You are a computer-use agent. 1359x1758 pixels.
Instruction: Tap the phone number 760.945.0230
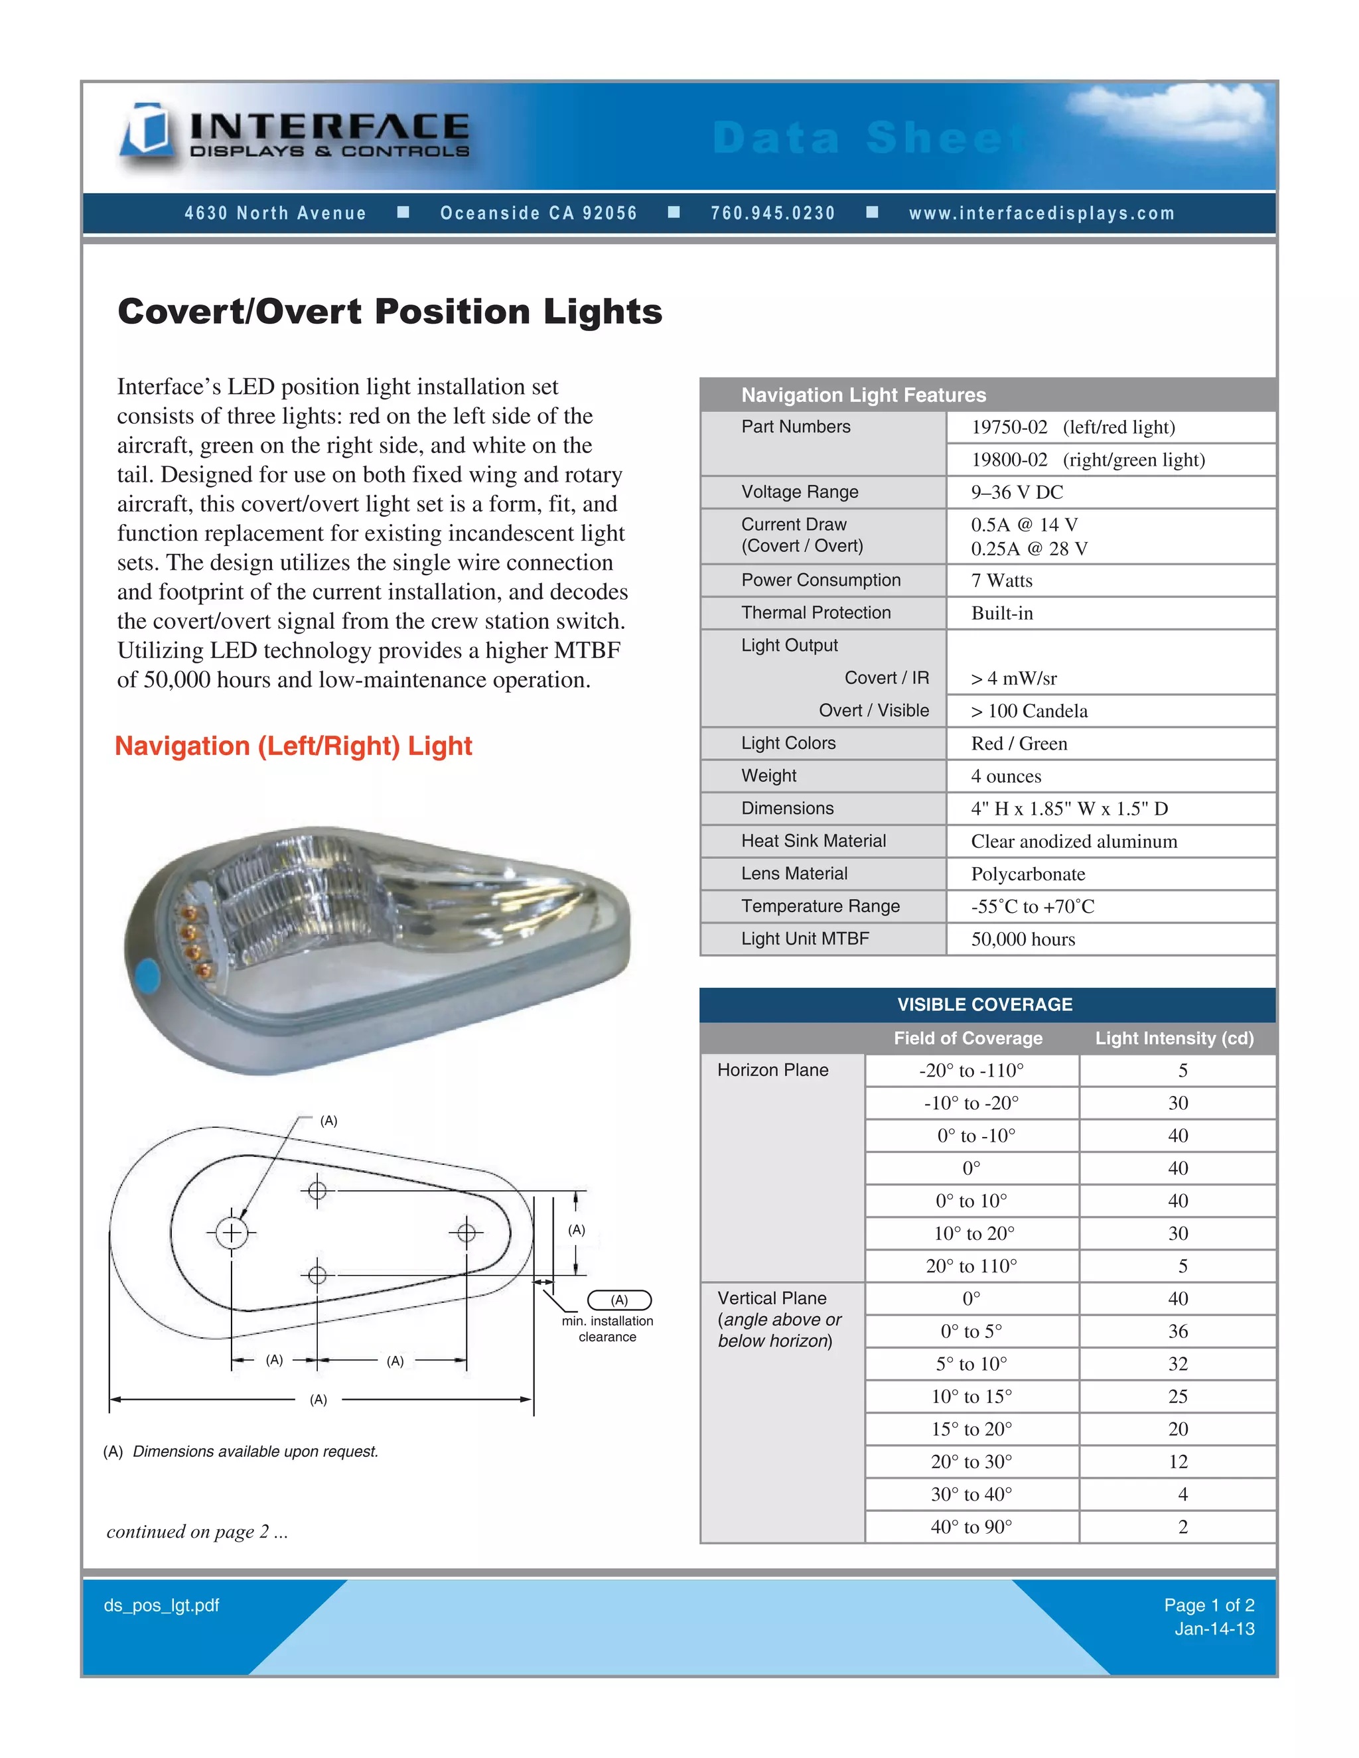[x=772, y=214]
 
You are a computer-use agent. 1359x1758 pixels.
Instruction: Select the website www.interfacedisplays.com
[x=1042, y=214]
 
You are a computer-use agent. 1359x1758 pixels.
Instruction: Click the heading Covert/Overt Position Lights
[x=390, y=312]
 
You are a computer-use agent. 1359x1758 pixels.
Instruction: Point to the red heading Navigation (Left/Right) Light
[x=293, y=746]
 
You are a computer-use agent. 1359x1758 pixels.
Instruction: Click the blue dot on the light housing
[x=147, y=976]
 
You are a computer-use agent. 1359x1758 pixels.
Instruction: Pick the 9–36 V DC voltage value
[x=1016, y=492]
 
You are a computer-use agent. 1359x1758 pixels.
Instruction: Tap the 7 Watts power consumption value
[x=1001, y=580]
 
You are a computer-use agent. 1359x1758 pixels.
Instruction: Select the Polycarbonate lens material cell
[x=1027, y=874]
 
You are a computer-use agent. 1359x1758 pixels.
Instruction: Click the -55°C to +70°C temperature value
[x=1032, y=906]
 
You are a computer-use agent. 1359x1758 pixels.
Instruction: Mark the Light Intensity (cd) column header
[x=1174, y=1038]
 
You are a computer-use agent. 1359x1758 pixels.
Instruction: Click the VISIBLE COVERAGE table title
[x=985, y=1004]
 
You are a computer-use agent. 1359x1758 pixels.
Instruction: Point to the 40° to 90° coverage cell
[x=971, y=1527]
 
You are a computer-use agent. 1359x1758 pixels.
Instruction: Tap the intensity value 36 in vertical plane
[x=1177, y=1331]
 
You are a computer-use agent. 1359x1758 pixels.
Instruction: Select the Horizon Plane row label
[x=772, y=1070]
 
